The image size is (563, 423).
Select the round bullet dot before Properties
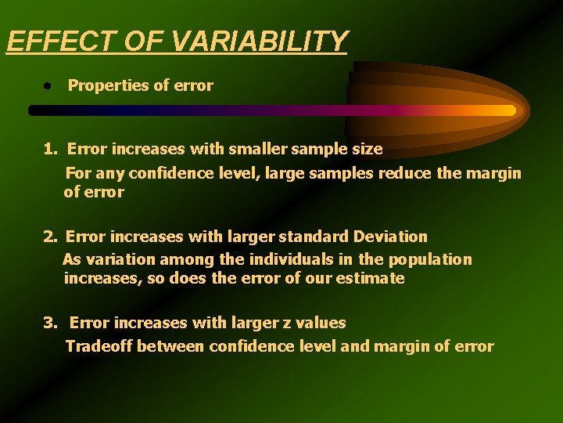(48, 85)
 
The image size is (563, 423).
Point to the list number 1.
(50, 149)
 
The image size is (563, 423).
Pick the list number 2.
(50, 236)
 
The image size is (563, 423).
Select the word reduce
(406, 173)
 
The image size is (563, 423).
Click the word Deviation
(390, 236)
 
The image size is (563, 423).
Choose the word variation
(112, 259)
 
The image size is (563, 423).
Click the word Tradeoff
(99, 346)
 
